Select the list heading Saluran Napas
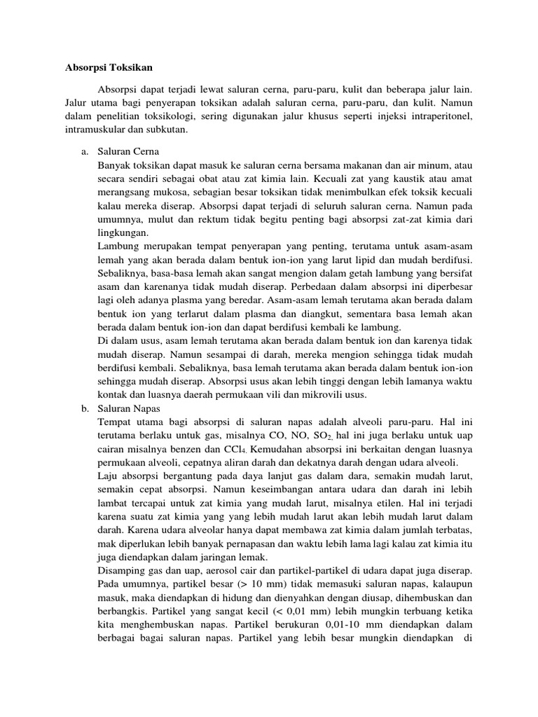click(130, 408)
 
